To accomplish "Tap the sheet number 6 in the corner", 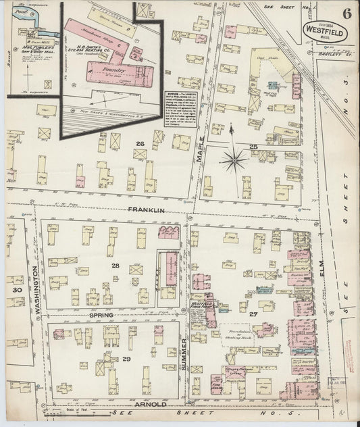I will point(346,13).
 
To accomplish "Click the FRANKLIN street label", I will point(147,210).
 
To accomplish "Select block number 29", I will point(126,358).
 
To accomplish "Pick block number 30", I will point(18,290).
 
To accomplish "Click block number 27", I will point(254,314).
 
